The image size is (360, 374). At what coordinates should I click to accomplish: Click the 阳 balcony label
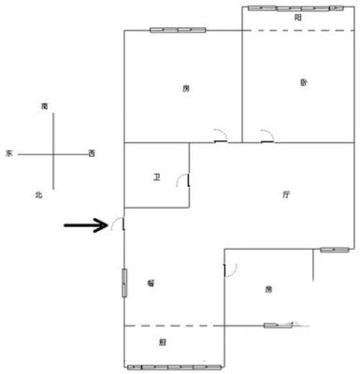pos(298,18)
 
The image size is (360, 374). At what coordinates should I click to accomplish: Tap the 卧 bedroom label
pos(304,82)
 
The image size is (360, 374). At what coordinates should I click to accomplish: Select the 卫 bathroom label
pos(156,178)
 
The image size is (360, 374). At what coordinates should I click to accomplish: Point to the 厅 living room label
pos(286,195)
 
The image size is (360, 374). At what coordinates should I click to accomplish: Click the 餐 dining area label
pos(151,283)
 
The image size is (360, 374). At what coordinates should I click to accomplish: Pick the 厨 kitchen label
pos(163,342)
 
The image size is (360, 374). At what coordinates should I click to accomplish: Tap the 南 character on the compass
pos(45,107)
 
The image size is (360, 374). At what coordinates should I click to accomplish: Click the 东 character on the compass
pos(9,153)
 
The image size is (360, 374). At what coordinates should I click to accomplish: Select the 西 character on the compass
pos(92,153)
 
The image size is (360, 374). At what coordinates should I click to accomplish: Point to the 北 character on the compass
pos(38,195)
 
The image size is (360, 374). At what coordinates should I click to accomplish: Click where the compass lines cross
pos(53,154)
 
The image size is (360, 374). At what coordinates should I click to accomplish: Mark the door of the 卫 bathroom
pos(183,180)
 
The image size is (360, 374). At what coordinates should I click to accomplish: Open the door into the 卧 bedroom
pos(267,135)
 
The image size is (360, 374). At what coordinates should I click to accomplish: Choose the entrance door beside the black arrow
pos(118,223)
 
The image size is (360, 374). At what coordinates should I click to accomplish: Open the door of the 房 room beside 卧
pos(221,135)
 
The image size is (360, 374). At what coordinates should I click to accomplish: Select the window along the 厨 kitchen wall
pos(176,367)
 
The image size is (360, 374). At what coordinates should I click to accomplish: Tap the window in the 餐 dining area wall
pos(124,282)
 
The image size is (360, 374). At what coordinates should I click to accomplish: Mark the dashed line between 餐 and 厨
pos(174,326)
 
